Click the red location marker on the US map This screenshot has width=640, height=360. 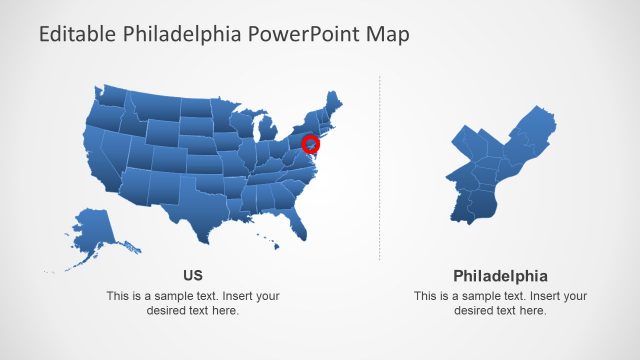(x=311, y=144)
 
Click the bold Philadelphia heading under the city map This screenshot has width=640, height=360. (x=500, y=275)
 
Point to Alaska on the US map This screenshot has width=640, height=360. (x=93, y=231)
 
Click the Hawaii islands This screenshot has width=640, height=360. (x=267, y=241)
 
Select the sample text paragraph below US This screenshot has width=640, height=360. (x=193, y=303)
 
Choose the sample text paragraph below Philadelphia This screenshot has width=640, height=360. (x=500, y=303)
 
